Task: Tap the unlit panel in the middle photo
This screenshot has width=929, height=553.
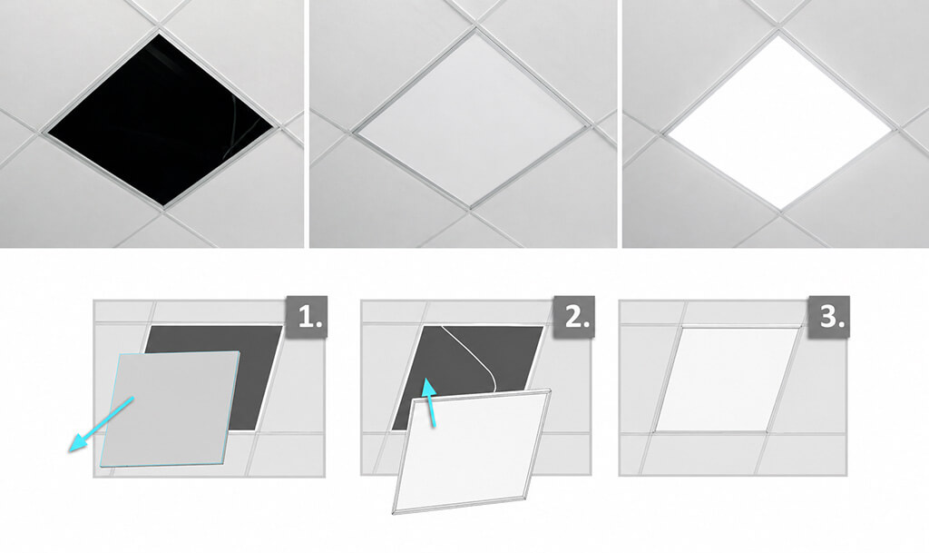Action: (x=471, y=119)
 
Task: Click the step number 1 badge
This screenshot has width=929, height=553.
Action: (x=307, y=317)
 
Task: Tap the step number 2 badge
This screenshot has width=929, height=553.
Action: (x=574, y=317)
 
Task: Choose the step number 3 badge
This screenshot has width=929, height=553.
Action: (x=829, y=317)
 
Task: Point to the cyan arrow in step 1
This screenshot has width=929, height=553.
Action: (x=101, y=425)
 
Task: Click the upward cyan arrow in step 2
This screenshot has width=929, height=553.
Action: (x=430, y=403)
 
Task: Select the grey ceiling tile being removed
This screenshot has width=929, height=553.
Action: (x=171, y=409)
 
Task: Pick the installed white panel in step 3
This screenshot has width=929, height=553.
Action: (x=727, y=379)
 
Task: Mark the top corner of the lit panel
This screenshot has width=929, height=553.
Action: (x=778, y=35)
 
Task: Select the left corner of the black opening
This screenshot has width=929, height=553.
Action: (x=48, y=133)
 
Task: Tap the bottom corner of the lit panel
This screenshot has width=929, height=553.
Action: (x=782, y=208)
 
